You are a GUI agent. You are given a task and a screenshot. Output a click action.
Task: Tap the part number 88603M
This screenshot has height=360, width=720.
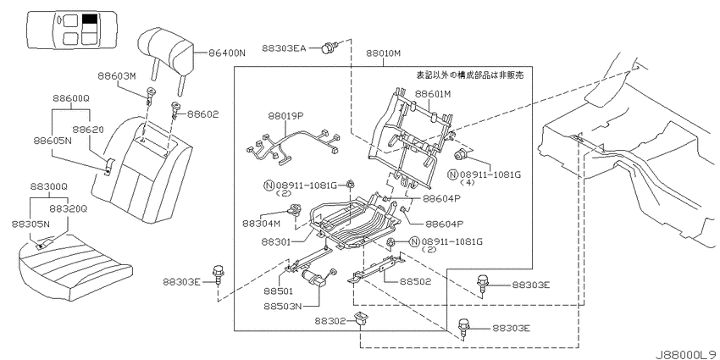coord(116,76)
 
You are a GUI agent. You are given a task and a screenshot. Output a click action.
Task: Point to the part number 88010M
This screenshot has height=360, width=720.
coord(383,53)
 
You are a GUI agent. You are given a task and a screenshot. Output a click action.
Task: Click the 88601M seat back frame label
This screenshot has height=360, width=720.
coord(433,94)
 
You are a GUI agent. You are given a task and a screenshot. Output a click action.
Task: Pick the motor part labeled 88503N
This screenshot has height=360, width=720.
coord(313,279)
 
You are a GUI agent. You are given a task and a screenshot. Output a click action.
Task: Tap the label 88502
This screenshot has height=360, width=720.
coord(415,281)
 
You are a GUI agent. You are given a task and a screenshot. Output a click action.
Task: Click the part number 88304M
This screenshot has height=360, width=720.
coord(260,224)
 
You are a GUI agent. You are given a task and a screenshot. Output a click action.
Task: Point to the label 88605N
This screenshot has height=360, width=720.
coord(53,140)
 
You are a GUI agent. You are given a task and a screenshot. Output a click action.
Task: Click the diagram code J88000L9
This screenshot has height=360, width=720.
coord(686,355)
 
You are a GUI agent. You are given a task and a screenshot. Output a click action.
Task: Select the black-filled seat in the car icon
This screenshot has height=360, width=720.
coord(90,19)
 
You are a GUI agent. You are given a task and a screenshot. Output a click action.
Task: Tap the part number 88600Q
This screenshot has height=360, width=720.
coord(70,98)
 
